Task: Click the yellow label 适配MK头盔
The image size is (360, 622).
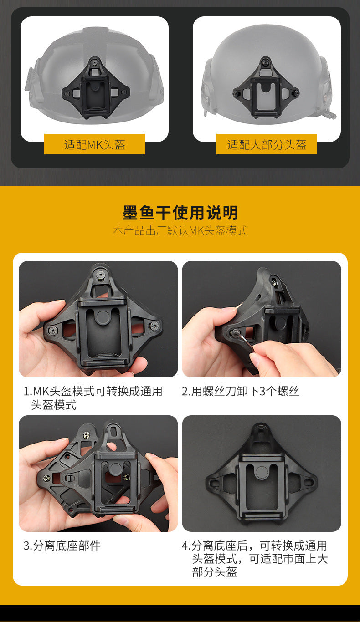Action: tap(94, 144)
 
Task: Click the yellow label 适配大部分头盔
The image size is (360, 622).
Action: tap(267, 144)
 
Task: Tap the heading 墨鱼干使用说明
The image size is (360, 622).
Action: tap(180, 213)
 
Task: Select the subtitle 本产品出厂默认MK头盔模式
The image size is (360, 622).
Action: tap(180, 231)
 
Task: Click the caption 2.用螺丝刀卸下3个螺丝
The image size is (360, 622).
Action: tap(241, 391)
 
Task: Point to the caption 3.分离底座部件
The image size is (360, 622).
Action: tap(62, 546)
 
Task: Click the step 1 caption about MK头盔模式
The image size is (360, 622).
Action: tap(93, 398)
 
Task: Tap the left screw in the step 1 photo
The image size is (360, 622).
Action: tap(53, 330)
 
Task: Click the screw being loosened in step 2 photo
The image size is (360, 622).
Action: tap(236, 332)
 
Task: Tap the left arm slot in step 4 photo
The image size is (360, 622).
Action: tap(214, 483)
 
